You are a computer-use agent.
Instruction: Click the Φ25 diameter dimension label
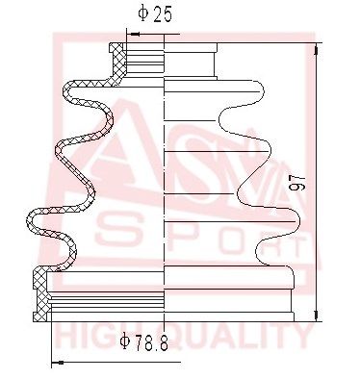(155, 14)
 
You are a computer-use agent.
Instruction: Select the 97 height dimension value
(296, 184)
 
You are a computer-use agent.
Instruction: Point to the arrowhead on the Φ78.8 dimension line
(58, 363)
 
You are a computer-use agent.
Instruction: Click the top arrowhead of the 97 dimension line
(317, 49)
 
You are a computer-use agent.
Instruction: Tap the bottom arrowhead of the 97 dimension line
(317, 314)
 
